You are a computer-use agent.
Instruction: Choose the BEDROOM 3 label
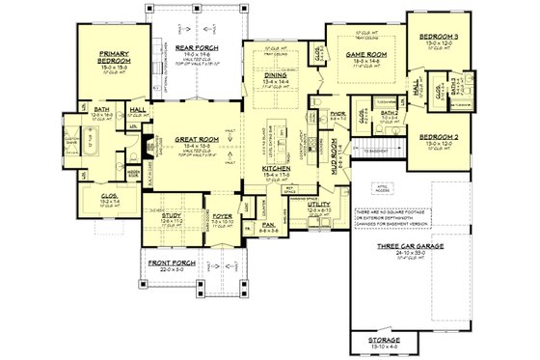click(x=440, y=38)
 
